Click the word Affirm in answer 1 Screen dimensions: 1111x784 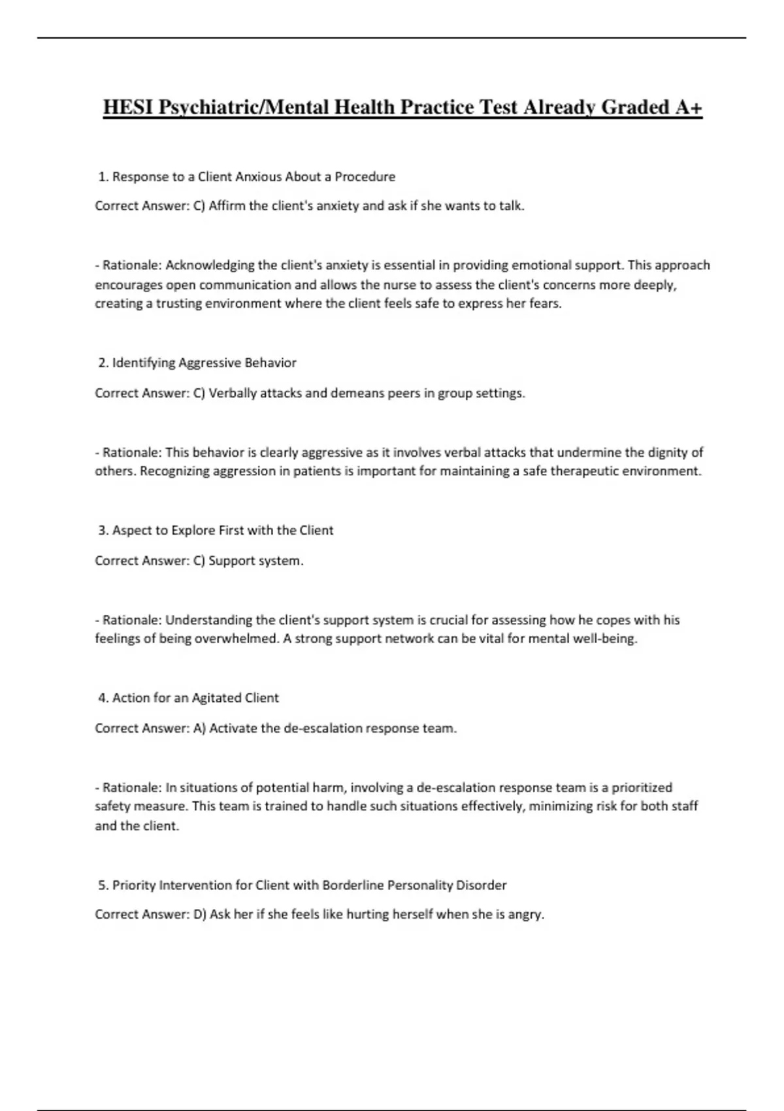tap(227, 206)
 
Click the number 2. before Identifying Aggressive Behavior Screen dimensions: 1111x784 tap(103, 363)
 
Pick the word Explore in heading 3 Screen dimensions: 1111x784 tap(193, 530)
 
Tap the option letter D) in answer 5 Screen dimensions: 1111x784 tap(200, 914)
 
